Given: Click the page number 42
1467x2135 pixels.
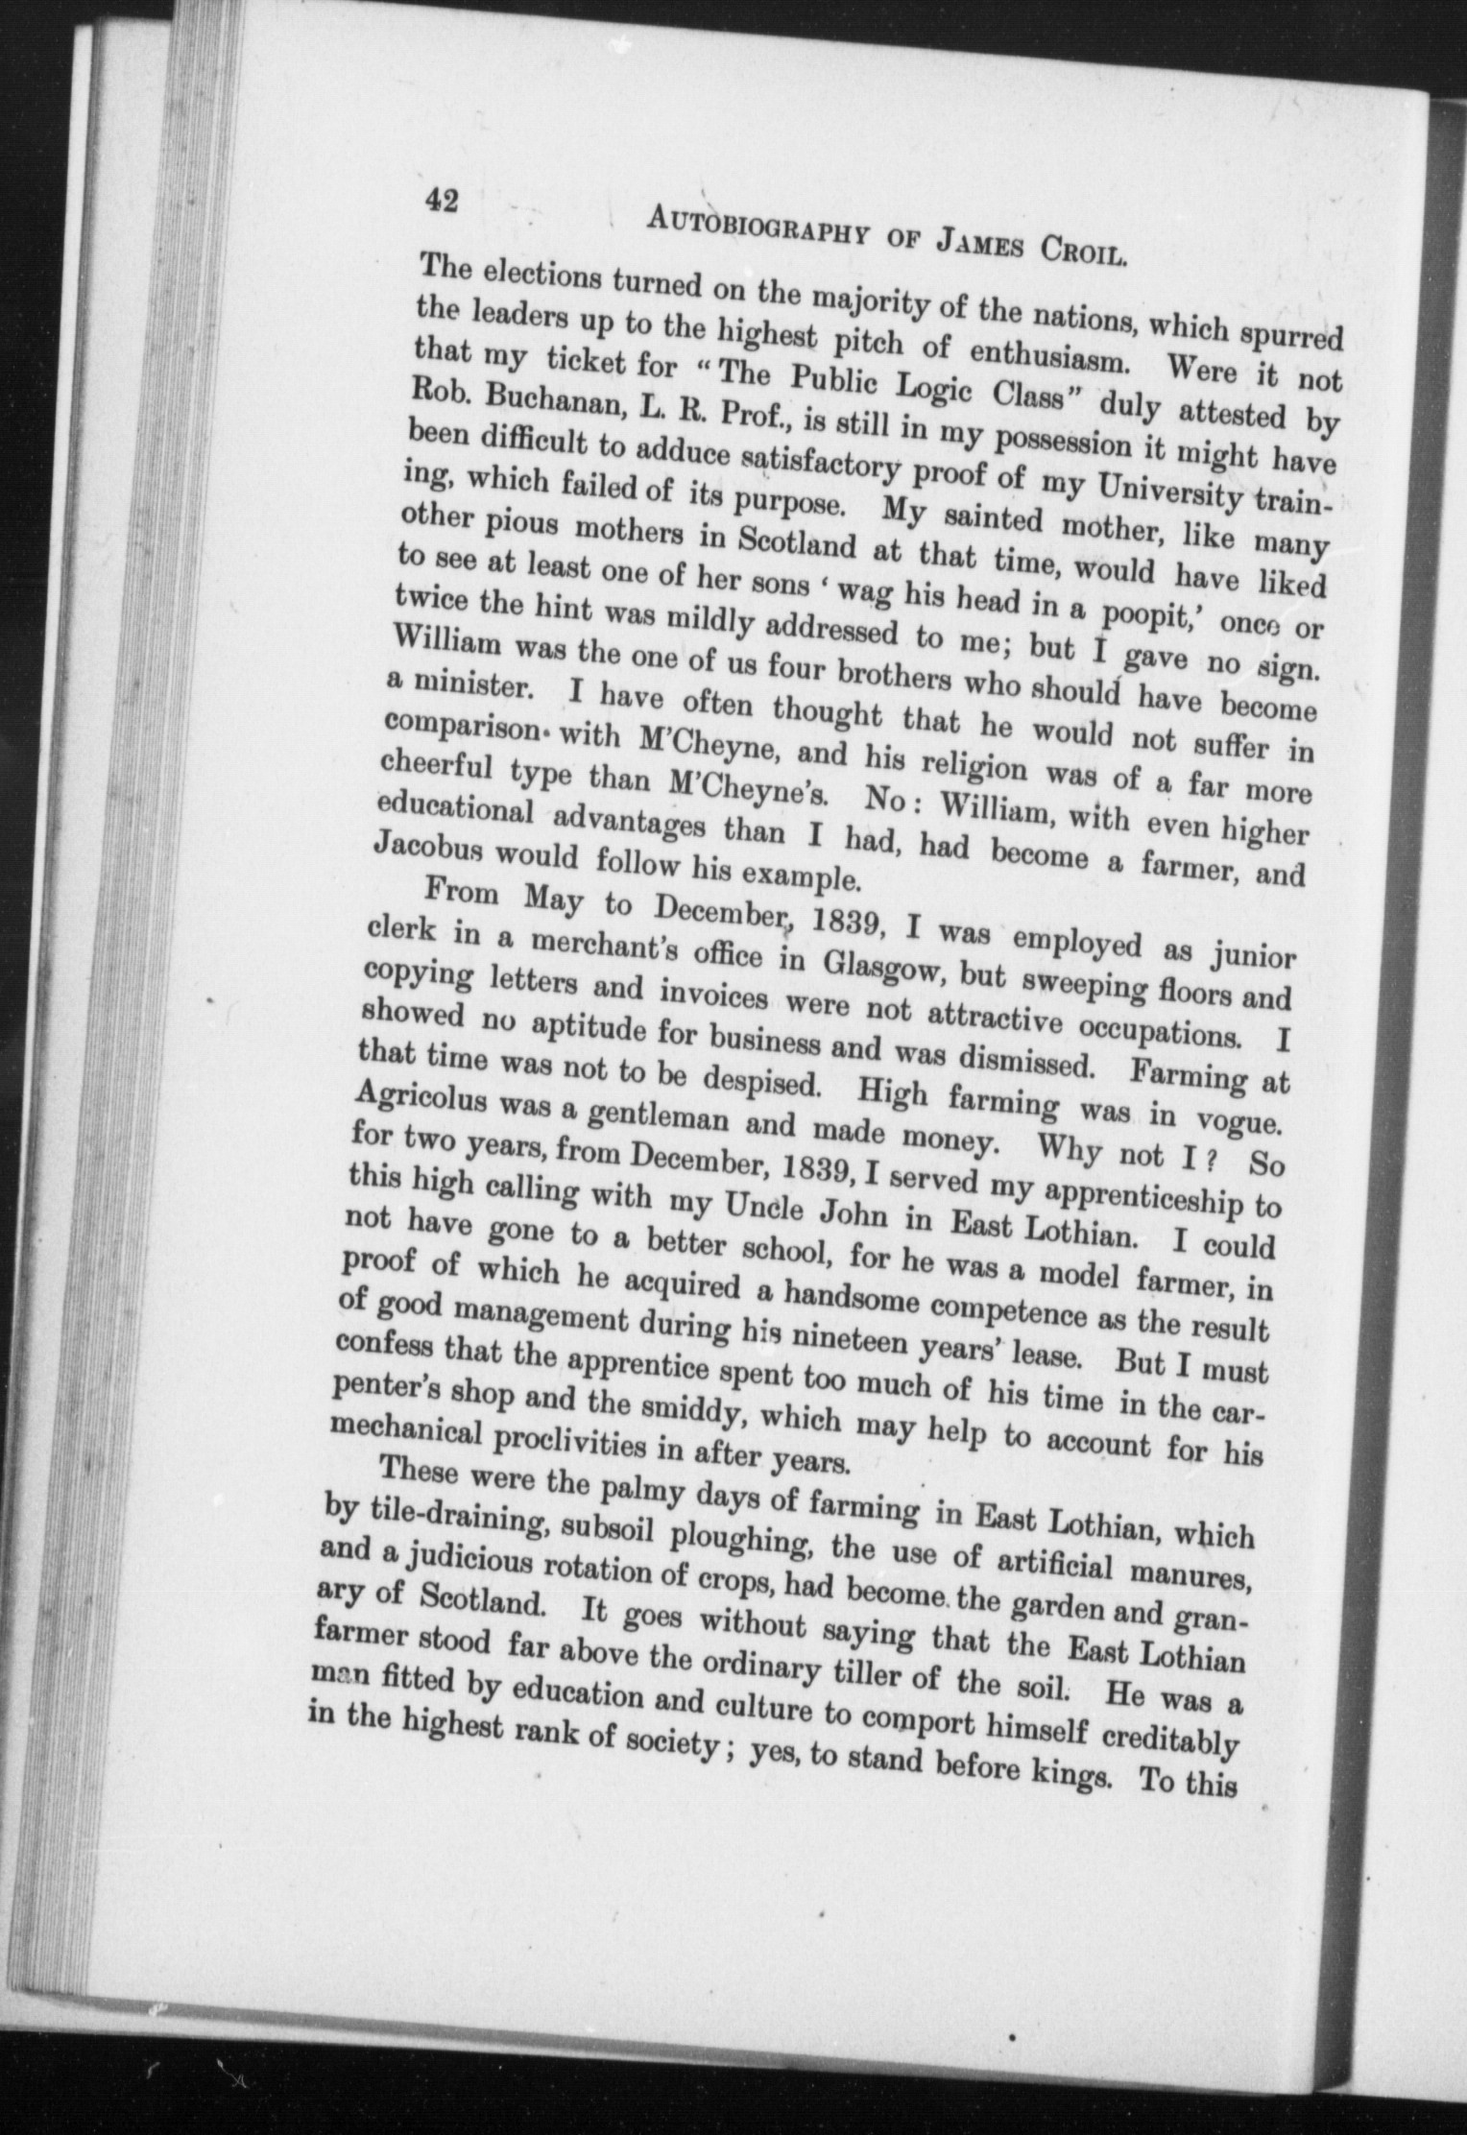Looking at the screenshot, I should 442,201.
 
